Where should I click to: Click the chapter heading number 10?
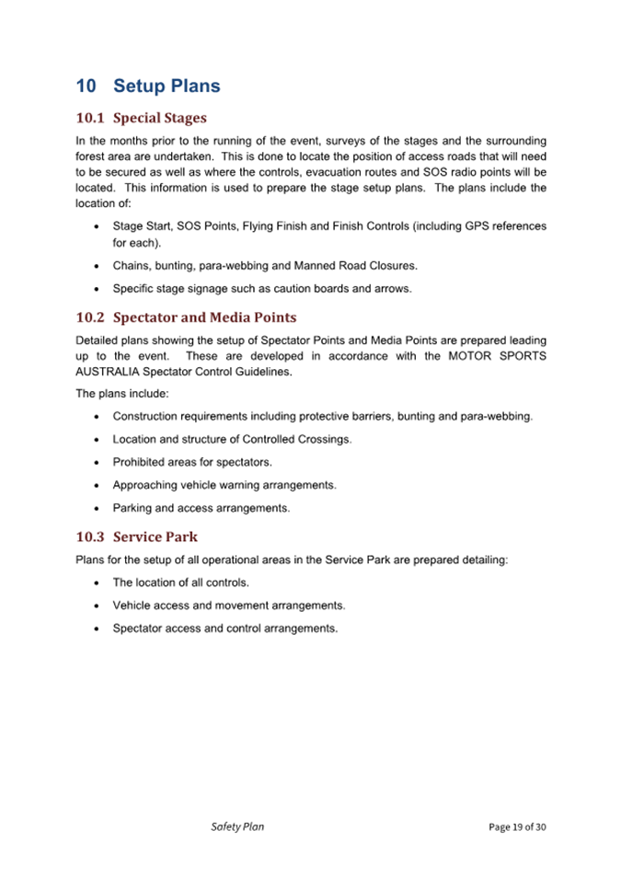86,87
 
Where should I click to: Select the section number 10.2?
90,317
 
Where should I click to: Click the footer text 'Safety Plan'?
237,826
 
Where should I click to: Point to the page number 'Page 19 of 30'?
517,827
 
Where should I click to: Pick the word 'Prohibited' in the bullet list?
141,462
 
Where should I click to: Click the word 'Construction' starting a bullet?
149,417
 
